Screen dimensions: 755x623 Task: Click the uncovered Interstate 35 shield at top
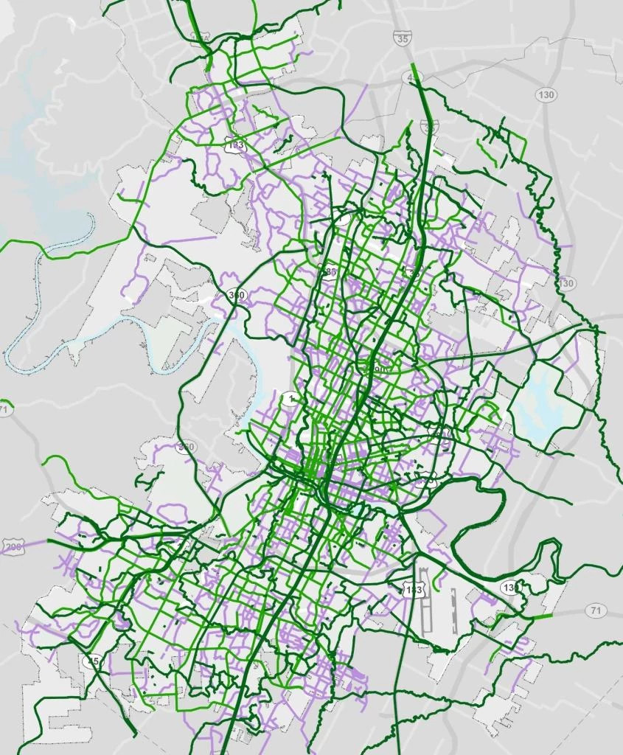pyautogui.click(x=402, y=40)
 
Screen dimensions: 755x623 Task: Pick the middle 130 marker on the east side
pyautogui.click(x=565, y=283)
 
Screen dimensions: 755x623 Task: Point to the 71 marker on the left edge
pyautogui.click(x=4, y=408)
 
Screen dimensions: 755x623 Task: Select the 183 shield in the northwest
pyautogui.click(x=235, y=145)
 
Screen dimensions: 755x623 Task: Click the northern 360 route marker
pyautogui.click(x=237, y=295)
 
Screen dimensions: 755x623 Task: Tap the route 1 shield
pyautogui.click(x=288, y=399)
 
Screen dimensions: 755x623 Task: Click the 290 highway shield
pyautogui.click(x=13, y=546)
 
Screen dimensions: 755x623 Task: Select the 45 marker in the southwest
pyautogui.click(x=93, y=661)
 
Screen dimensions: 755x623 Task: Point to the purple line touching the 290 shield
pyautogui.click(x=37, y=544)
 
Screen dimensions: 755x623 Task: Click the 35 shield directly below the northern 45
pyautogui.click(x=431, y=127)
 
